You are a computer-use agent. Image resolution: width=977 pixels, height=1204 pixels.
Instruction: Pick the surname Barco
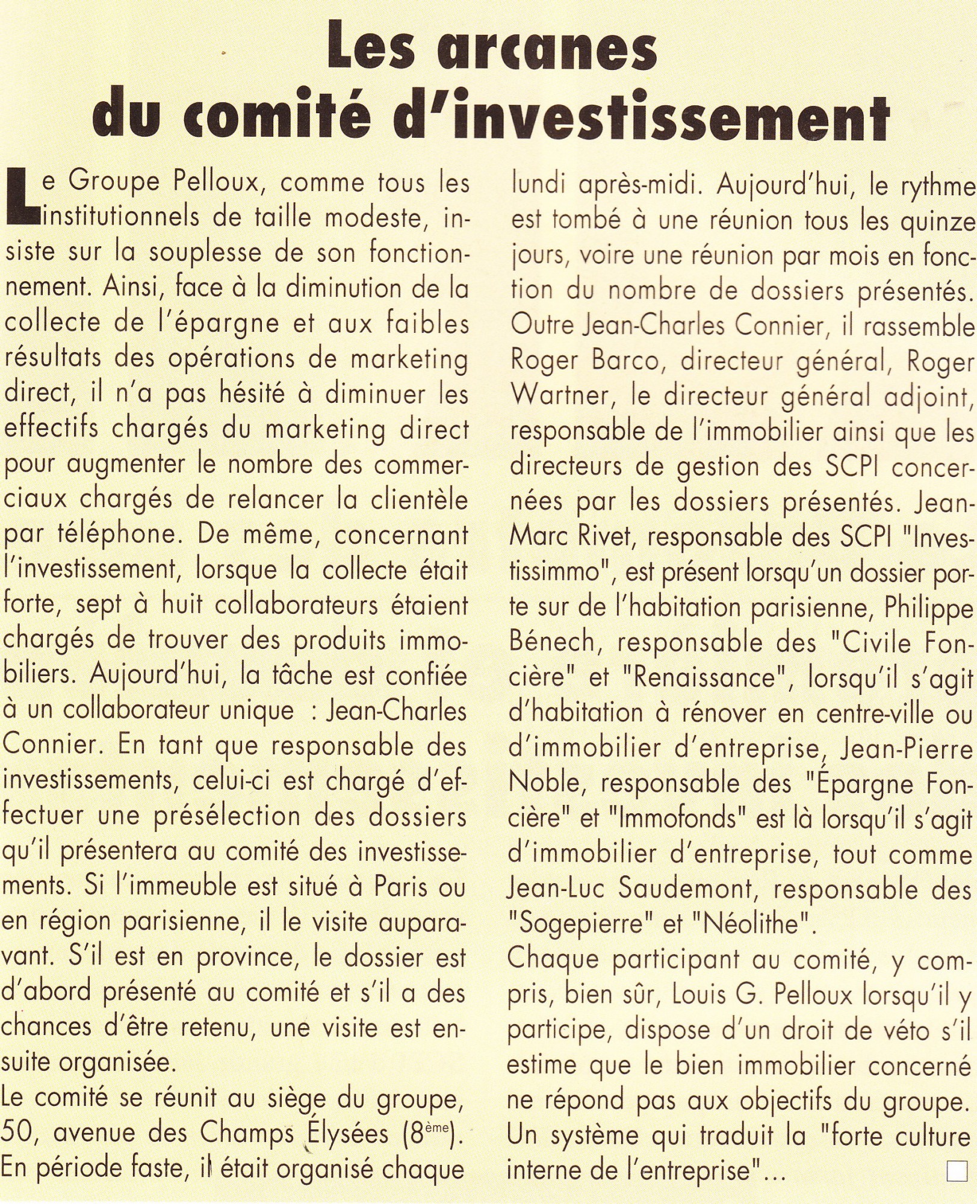pos(625,360)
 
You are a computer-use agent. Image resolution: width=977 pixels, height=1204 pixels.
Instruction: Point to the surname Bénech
pos(552,642)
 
